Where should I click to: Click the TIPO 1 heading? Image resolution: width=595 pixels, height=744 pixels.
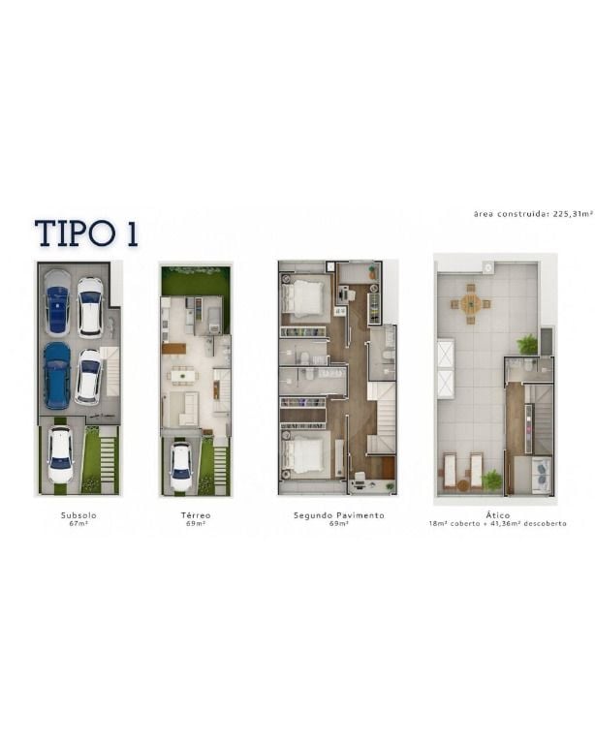click(x=86, y=233)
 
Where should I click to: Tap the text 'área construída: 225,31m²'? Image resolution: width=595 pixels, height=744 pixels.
click(x=533, y=214)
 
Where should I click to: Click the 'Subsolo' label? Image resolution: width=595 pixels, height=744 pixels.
click(x=78, y=514)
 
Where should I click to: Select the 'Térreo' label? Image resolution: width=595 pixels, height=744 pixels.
click(x=196, y=514)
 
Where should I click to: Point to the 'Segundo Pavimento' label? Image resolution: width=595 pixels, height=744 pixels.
click(x=339, y=514)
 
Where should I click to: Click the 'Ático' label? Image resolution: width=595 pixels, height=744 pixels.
click(x=498, y=514)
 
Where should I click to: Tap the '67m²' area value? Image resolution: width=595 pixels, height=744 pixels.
click(x=78, y=524)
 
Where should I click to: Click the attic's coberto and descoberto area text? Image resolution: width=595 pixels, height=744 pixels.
click(x=497, y=524)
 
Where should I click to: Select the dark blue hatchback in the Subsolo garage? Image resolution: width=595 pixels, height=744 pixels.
click(x=57, y=376)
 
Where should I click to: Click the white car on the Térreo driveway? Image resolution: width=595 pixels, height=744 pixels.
click(x=180, y=466)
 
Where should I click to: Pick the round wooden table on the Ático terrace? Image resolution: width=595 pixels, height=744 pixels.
click(x=471, y=303)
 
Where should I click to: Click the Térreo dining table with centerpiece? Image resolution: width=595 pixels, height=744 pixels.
click(x=183, y=375)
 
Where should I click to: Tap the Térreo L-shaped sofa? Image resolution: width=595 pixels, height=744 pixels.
click(x=187, y=409)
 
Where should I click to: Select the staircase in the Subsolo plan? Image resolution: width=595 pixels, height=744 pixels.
click(x=111, y=372)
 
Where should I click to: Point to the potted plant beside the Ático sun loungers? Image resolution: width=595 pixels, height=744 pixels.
click(x=492, y=480)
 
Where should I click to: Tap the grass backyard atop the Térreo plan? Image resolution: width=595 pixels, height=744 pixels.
click(x=196, y=281)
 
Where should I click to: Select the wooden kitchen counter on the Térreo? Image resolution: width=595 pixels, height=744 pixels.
click(x=174, y=349)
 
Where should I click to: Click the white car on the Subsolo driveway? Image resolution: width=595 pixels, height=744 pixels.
click(x=61, y=454)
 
